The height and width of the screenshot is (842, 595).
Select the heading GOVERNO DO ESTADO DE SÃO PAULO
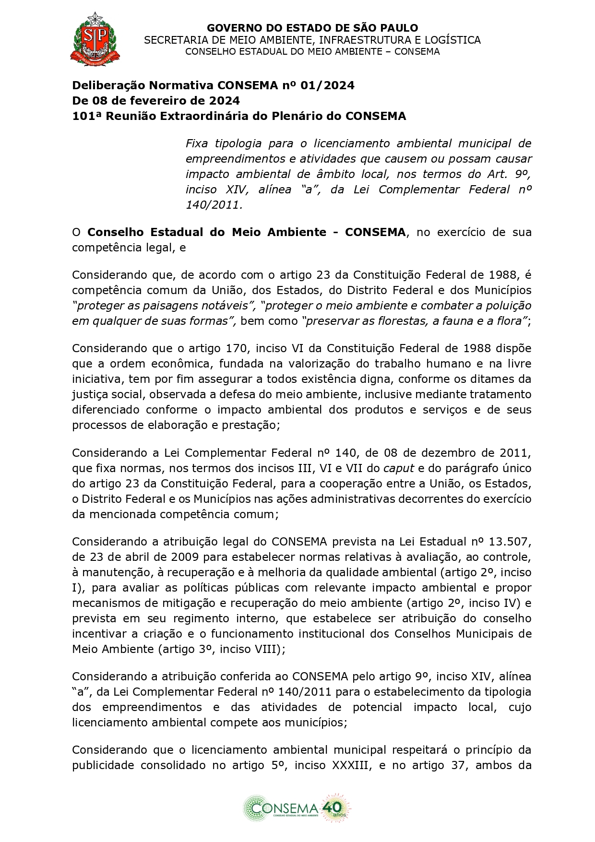(312, 28)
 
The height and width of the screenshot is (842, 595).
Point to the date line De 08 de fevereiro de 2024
(156, 101)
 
